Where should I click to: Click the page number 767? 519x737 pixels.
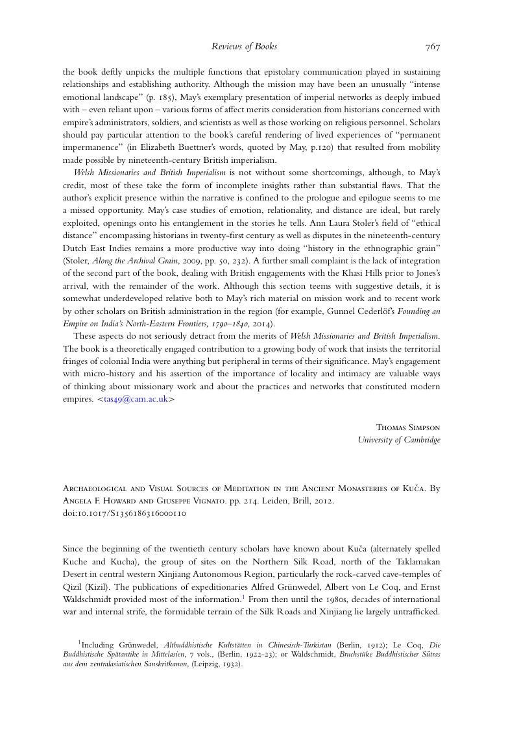coord(433,46)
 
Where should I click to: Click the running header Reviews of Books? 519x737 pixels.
coord(244,46)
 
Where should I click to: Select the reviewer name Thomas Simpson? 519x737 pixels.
coord(408,428)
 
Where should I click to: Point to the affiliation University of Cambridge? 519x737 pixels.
coord(399,440)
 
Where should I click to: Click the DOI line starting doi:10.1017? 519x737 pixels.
coord(125,513)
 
